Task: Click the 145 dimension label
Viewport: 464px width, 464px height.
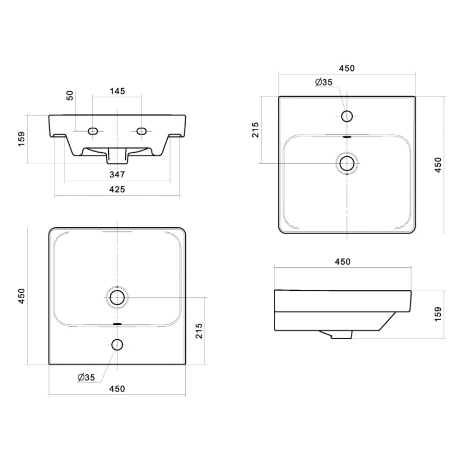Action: (118, 91)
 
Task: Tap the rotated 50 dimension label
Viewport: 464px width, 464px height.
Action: (70, 95)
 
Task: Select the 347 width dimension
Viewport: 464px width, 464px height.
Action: (117, 175)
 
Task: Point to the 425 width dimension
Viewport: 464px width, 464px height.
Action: (117, 189)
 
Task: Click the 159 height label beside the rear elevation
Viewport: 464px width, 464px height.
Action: (22, 139)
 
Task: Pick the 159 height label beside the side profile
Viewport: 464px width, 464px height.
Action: (438, 313)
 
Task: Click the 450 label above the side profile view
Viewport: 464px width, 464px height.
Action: (343, 261)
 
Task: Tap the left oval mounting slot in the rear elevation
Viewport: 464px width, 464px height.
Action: (93, 131)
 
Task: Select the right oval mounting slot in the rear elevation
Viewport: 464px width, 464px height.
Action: (141, 130)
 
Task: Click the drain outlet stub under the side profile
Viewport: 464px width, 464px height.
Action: (342, 335)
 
